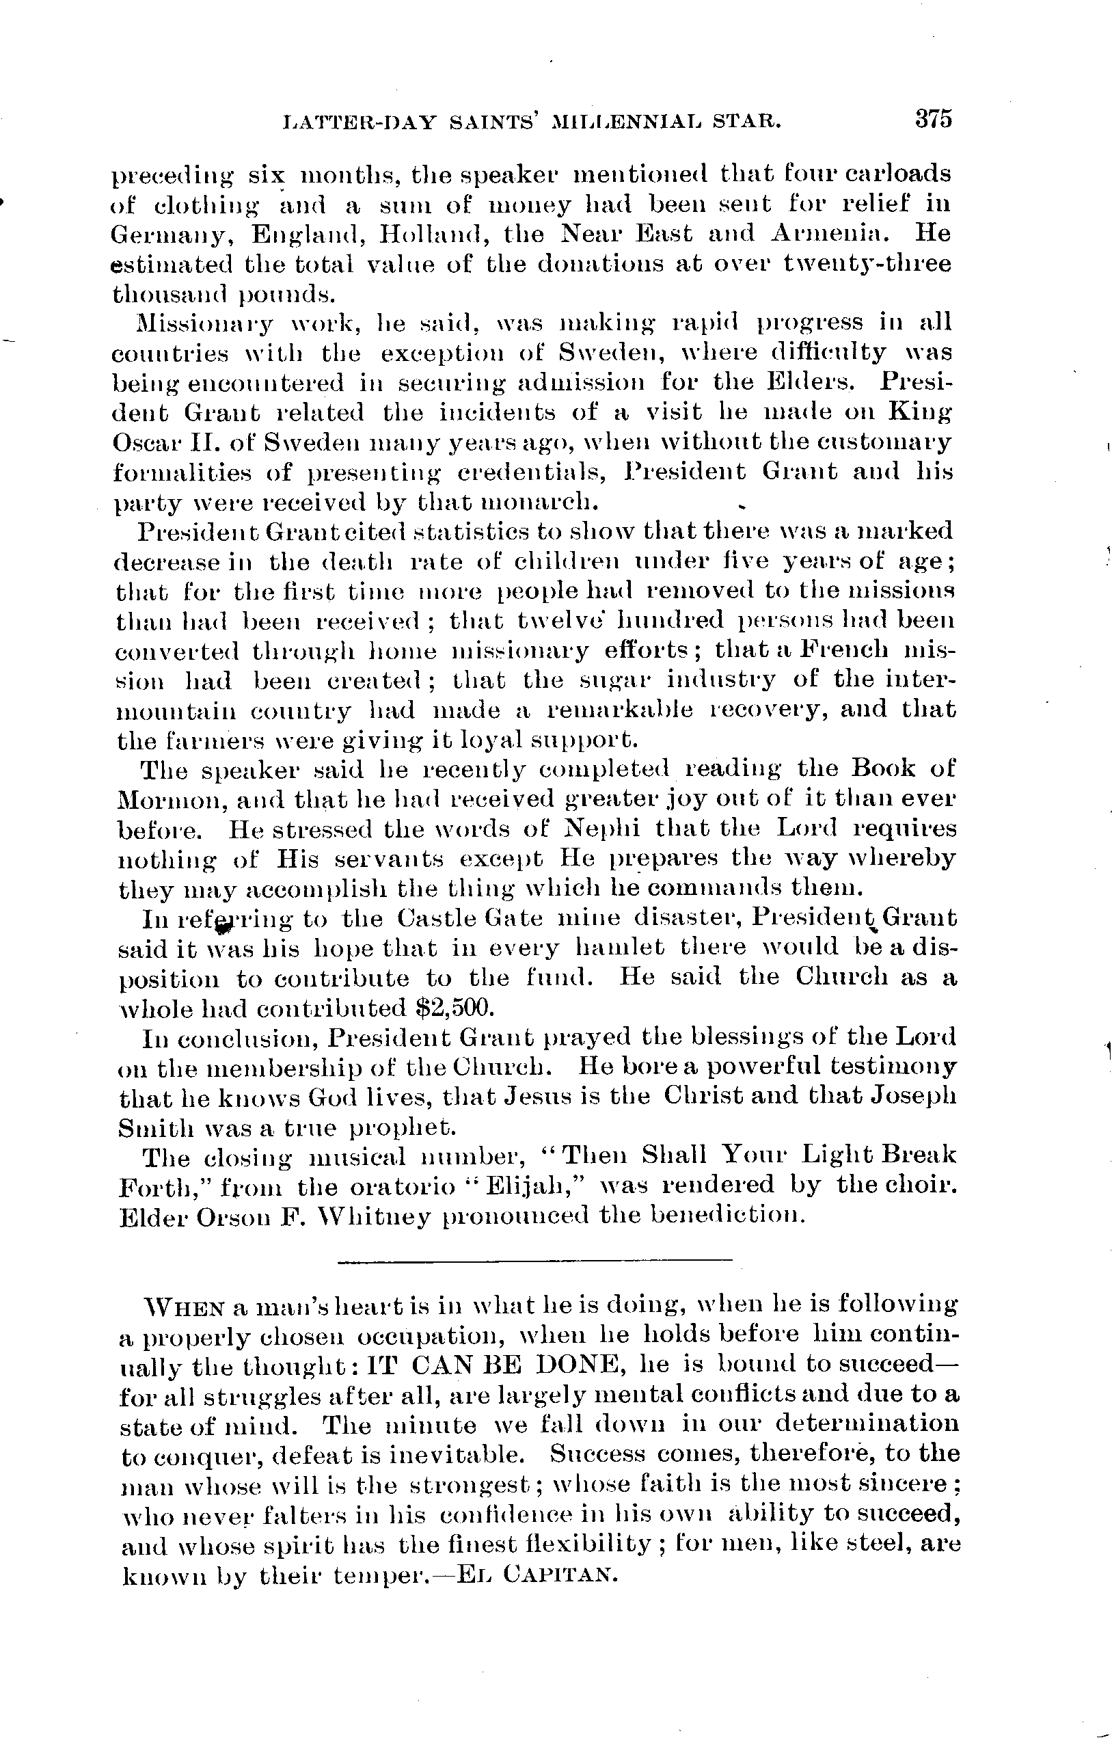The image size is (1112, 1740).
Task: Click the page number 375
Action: tap(933, 118)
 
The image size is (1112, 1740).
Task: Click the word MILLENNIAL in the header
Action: tap(628, 122)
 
